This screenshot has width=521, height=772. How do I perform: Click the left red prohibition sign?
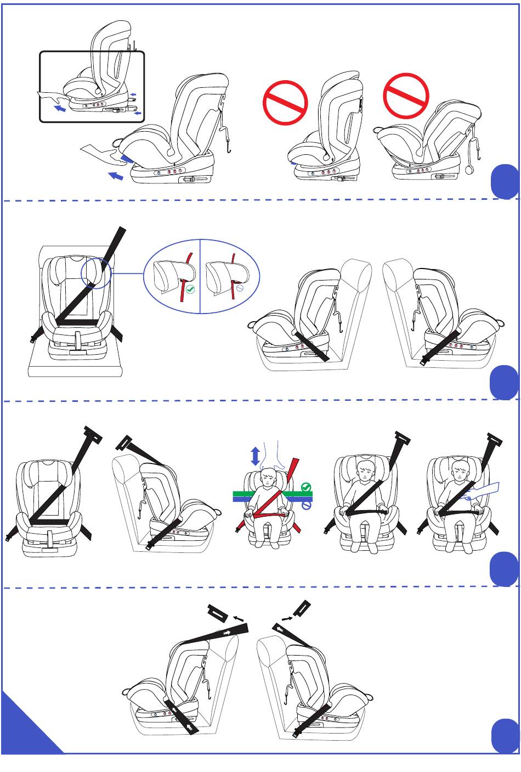click(x=285, y=103)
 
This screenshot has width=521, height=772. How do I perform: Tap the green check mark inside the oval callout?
click(x=190, y=289)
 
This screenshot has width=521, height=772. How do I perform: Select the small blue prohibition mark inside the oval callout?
click(x=240, y=287)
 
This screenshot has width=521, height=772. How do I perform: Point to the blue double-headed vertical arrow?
click(x=255, y=456)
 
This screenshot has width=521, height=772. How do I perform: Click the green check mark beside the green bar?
click(x=307, y=487)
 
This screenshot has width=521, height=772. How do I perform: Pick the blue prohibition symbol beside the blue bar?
click(x=307, y=503)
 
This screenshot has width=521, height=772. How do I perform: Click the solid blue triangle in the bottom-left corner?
click(x=25, y=728)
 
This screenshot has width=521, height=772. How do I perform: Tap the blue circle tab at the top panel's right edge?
click(x=505, y=181)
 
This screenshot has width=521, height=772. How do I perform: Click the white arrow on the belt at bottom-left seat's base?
click(x=189, y=728)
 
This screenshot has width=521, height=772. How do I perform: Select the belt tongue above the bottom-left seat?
click(x=220, y=612)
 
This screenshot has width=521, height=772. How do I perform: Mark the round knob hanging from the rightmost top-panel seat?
click(x=469, y=170)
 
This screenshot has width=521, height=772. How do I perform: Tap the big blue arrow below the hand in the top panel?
click(x=116, y=176)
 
